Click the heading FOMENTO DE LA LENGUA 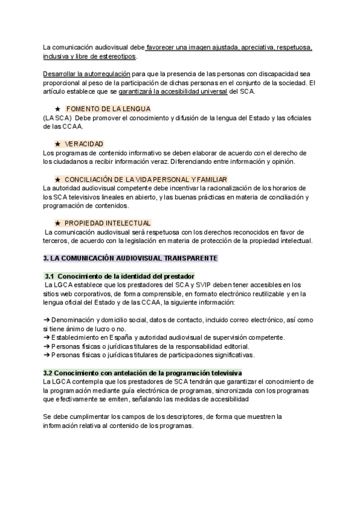pyautogui.click(x=107, y=108)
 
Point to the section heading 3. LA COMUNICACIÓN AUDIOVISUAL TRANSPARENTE pyautogui.click(x=131, y=258)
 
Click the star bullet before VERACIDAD pyautogui.click(x=58, y=144)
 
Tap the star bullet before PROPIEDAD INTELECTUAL pyautogui.click(x=58, y=223)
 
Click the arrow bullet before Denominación pyautogui.click(x=47, y=321)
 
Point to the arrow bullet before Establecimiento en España pyautogui.click(x=47, y=337)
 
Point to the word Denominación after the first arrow pyautogui.click(x=76, y=321)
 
